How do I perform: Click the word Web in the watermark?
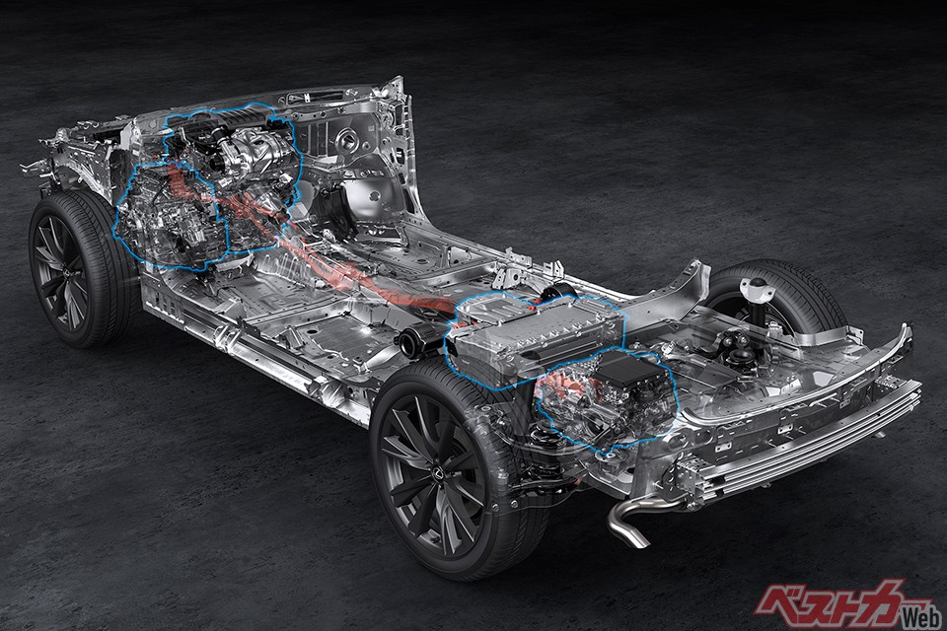click(921, 616)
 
